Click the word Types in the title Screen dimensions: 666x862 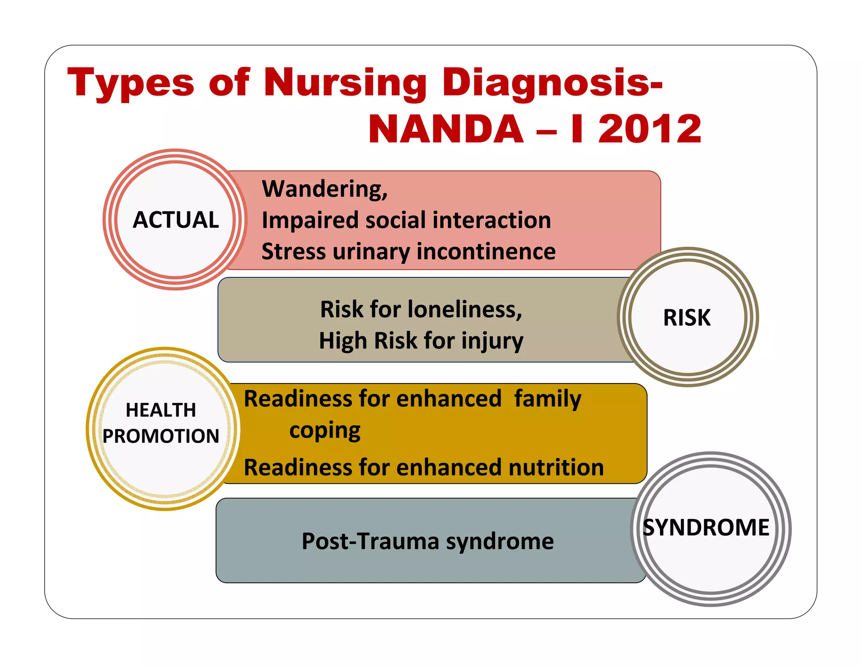coord(130,83)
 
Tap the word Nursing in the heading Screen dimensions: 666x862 coord(345,83)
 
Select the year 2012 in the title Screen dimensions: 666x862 coord(649,129)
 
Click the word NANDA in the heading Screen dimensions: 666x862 coord(446,129)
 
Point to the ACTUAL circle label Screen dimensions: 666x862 coord(176,220)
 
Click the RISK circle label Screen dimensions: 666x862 coord(687,317)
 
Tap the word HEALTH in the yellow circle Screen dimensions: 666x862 coord(161,410)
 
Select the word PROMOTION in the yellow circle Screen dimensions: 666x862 coord(161,436)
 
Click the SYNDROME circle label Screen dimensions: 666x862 coord(706,527)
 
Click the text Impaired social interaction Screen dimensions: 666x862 coord(406,220)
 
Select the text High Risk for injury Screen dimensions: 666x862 coord(421,341)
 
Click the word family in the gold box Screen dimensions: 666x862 coord(548,399)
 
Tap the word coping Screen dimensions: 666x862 coord(325,430)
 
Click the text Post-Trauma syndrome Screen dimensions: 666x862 coord(428,541)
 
